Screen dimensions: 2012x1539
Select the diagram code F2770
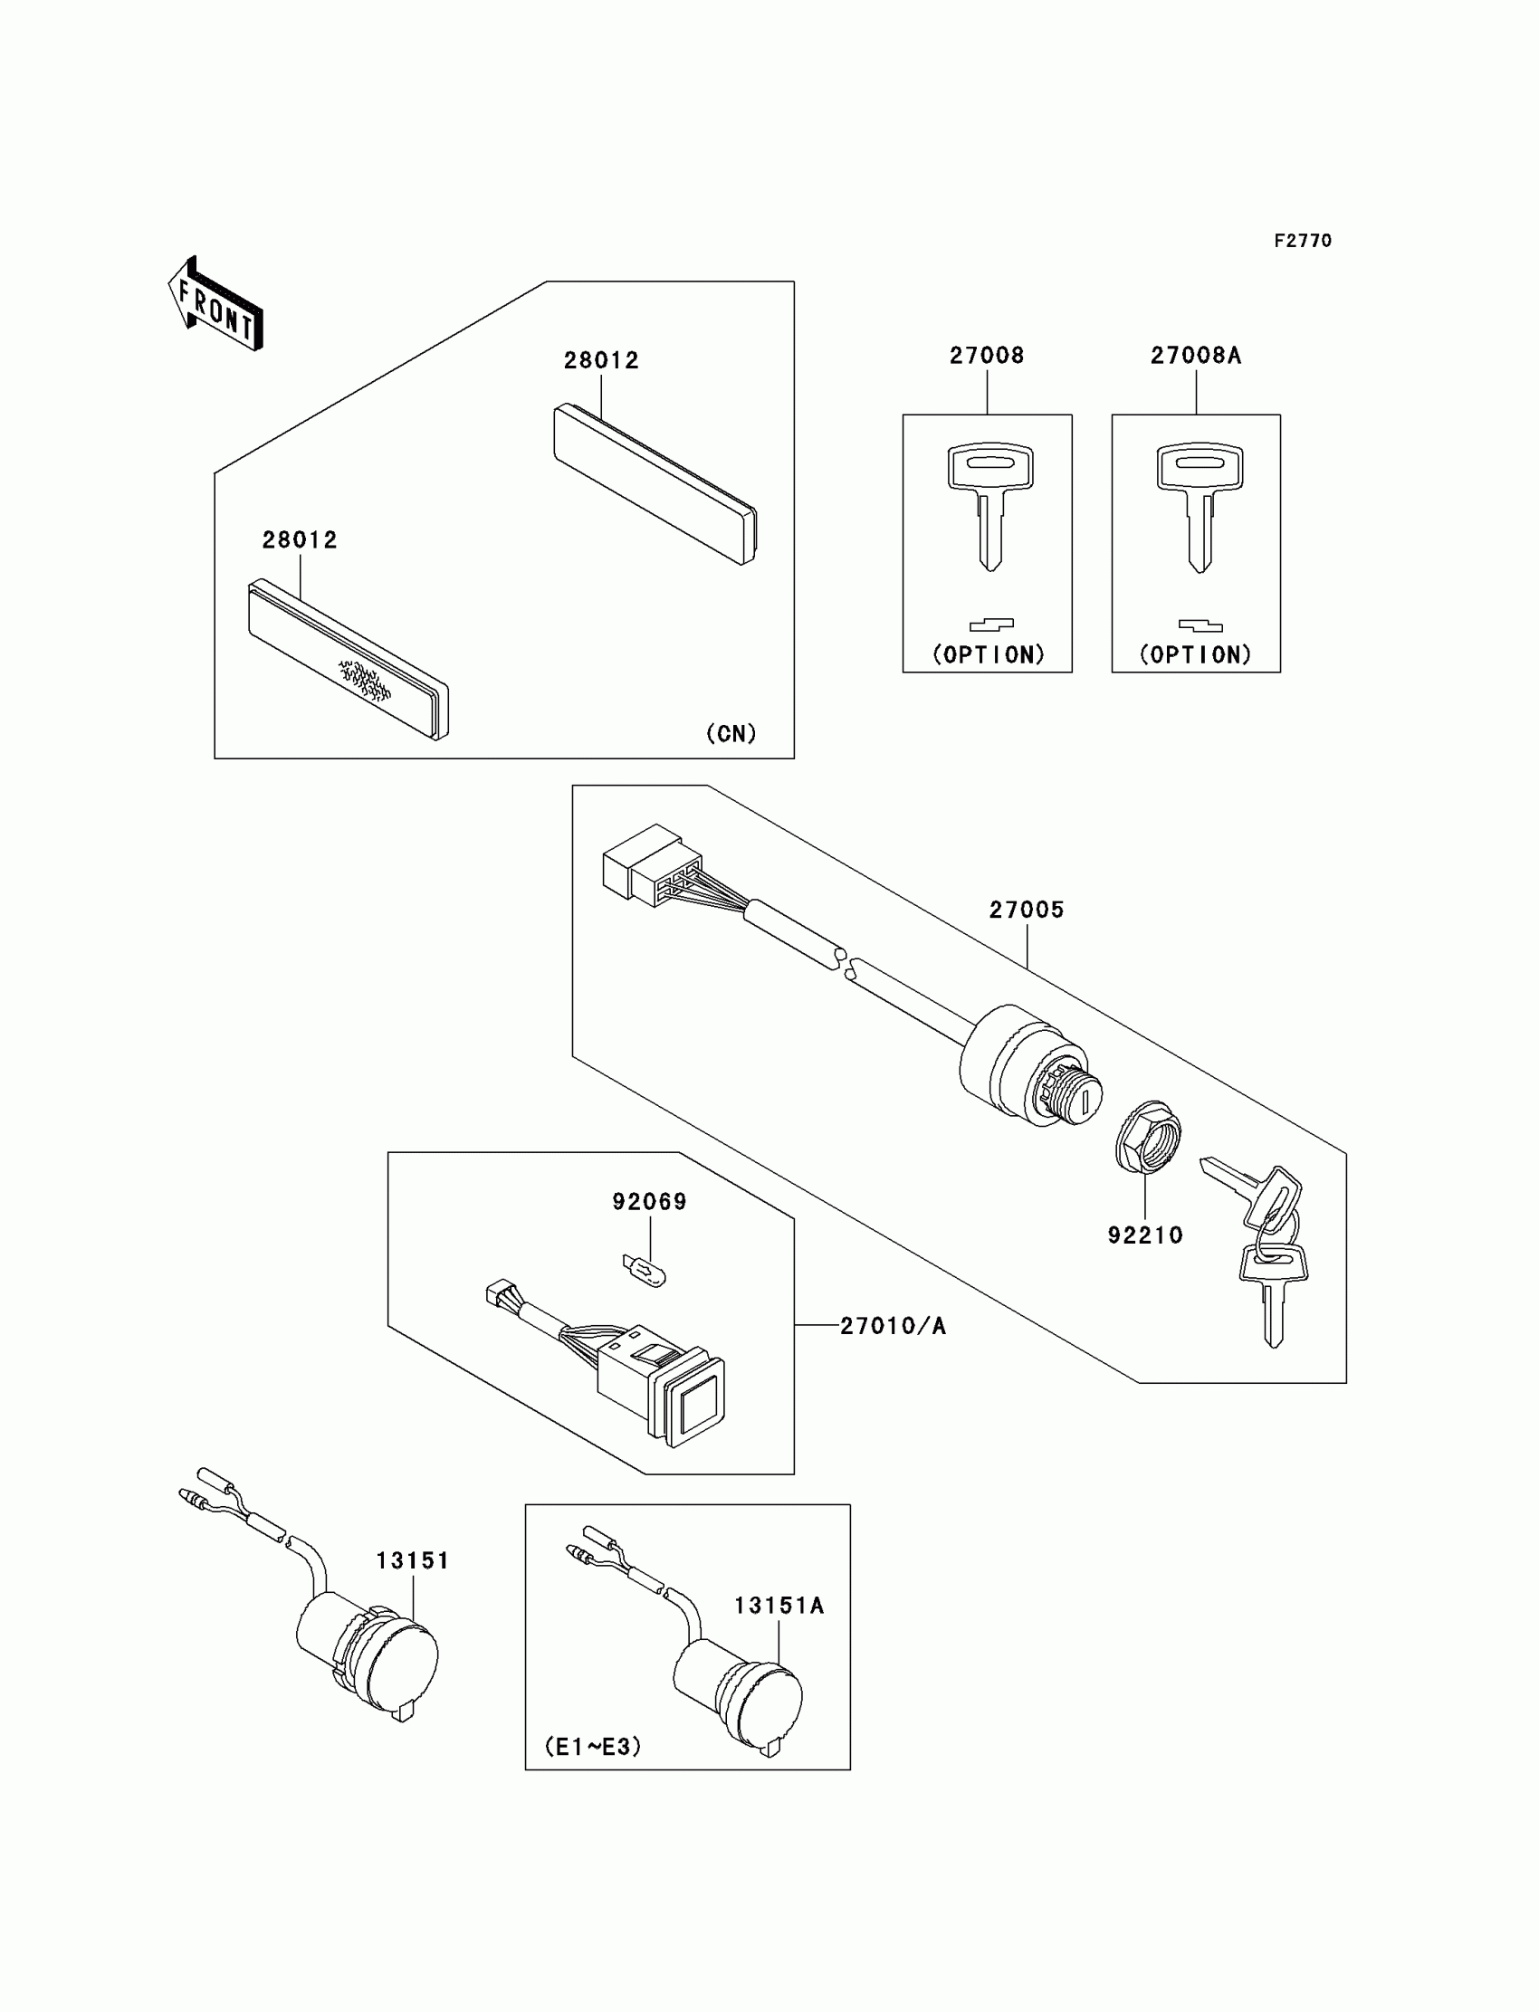click(1302, 241)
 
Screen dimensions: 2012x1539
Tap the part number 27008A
click(1196, 356)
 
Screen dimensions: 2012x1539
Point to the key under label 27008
click(989, 504)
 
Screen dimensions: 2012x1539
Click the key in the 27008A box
click(1200, 504)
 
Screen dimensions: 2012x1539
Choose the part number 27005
click(1026, 910)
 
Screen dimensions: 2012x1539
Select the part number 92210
click(1145, 1235)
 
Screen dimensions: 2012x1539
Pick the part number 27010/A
click(893, 1325)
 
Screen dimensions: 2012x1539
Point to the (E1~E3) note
click(593, 1747)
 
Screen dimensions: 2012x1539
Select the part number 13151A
click(779, 1606)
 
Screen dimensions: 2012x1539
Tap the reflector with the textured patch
click(349, 660)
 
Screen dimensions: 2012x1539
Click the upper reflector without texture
click(655, 483)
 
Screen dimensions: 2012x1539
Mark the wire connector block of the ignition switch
click(650, 864)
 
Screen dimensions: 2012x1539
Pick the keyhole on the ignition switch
click(1085, 1099)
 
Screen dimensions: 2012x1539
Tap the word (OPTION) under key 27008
click(989, 654)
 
